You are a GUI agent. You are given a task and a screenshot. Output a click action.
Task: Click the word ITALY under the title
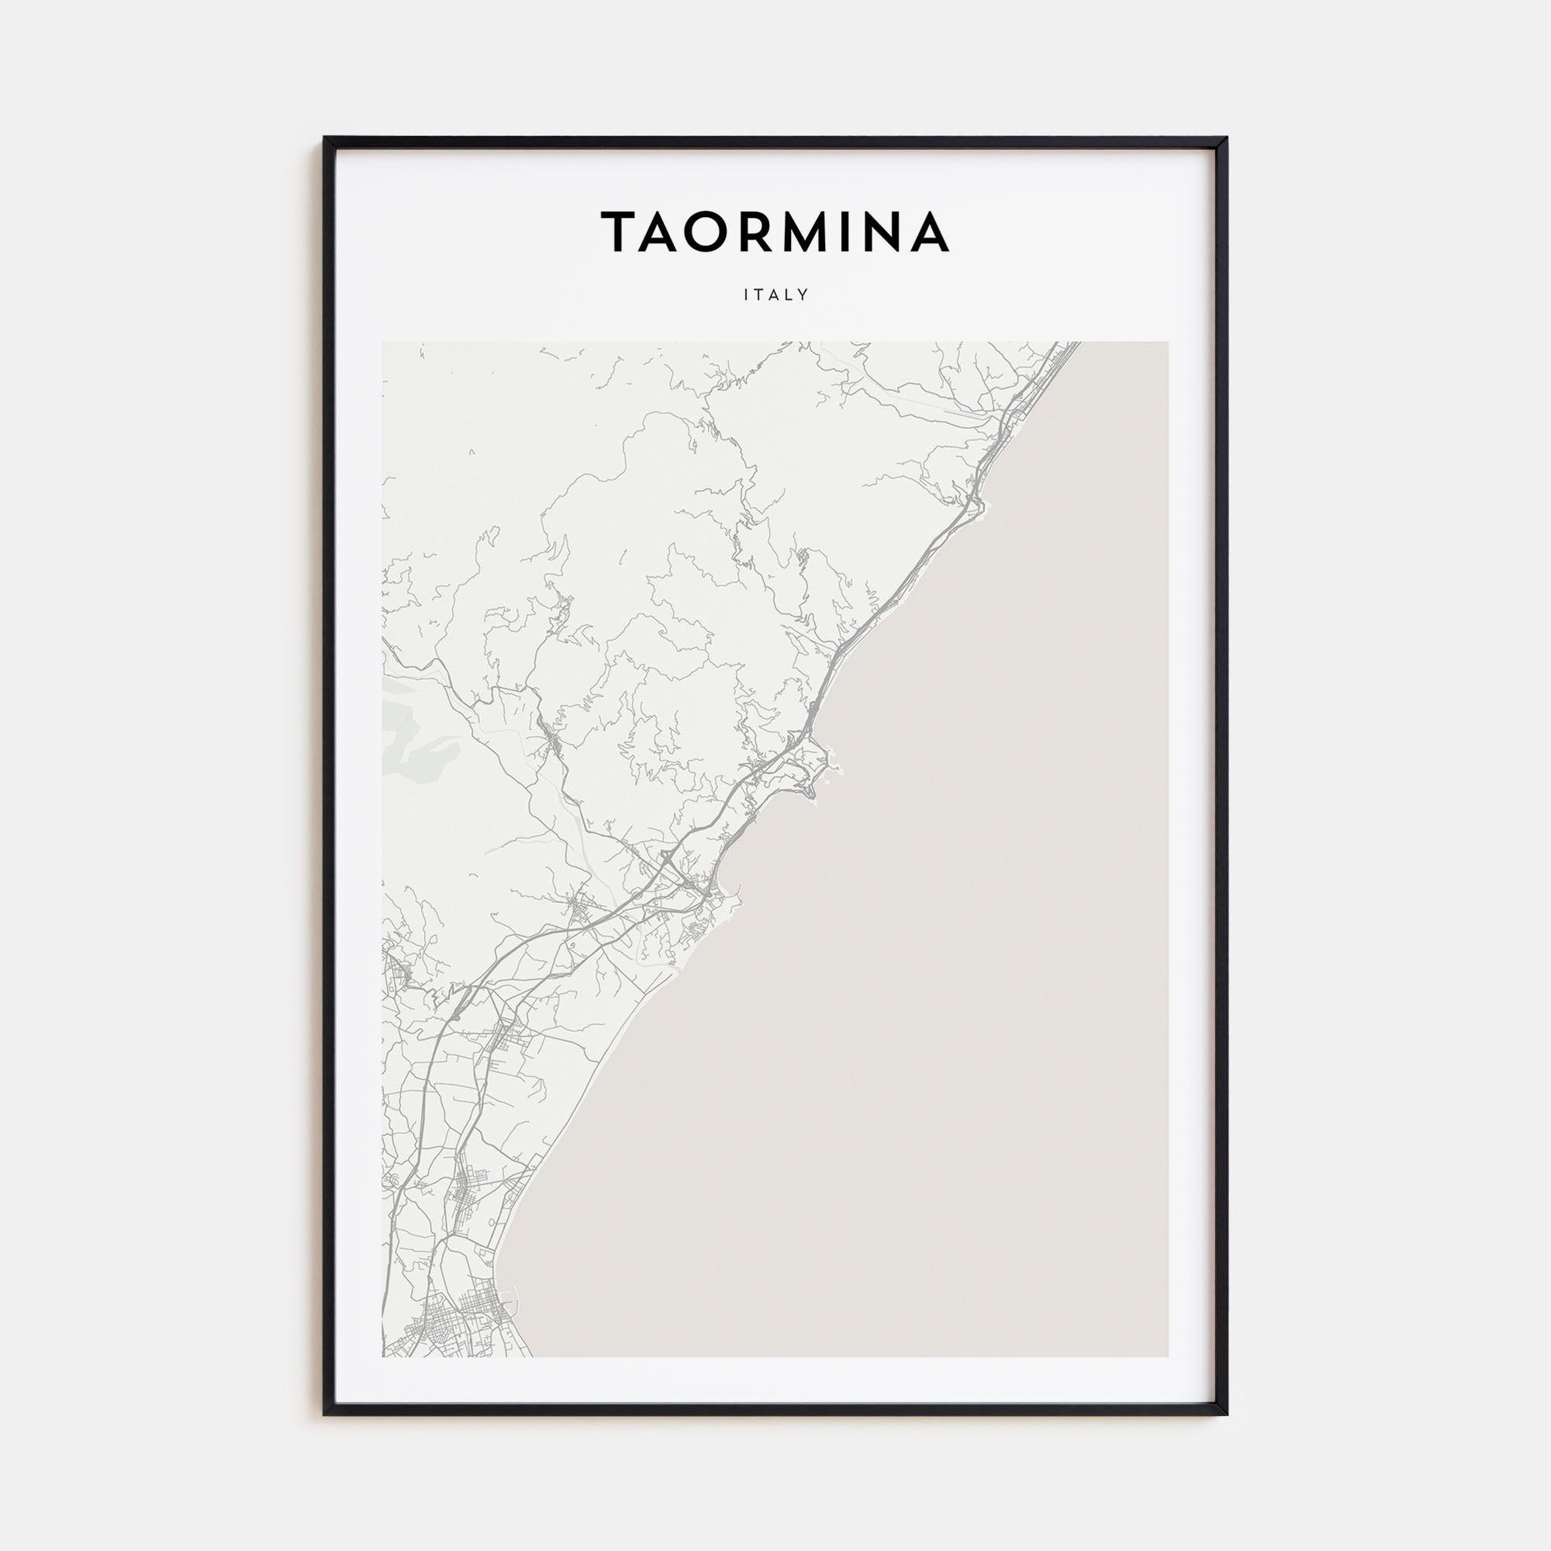(x=775, y=295)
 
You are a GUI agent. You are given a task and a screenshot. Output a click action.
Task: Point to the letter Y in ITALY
(x=803, y=295)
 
